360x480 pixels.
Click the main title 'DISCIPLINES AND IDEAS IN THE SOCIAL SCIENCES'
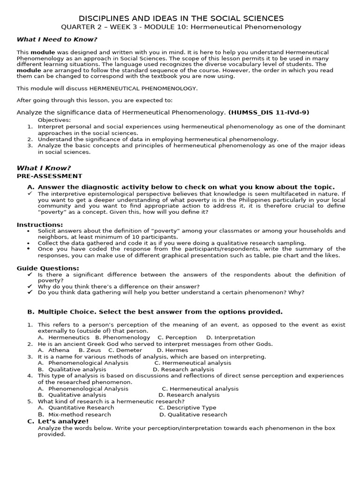click(x=180, y=18)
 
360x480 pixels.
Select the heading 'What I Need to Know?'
click(x=57, y=39)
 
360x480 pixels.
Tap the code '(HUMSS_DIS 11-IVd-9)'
click(x=269, y=112)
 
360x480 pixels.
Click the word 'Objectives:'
click(x=54, y=120)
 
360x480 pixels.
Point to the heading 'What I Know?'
click(x=44, y=168)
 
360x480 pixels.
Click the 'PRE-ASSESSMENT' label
click(x=49, y=176)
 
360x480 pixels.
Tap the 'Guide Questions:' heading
click(x=48, y=268)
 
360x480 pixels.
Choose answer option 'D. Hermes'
click(x=172, y=350)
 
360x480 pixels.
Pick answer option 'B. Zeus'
click(x=90, y=350)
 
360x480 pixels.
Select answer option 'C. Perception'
click(x=177, y=337)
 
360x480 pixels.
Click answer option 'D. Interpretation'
click(x=231, y=337)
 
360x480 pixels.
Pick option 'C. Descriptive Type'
click(x=187, y=408)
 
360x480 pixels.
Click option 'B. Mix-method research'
click(x=75, y=414)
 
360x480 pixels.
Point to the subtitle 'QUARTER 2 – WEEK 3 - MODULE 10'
click(x=127, y=27)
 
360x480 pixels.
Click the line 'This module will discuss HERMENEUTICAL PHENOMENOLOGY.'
click(x=107, y=88)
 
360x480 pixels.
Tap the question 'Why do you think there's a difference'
click(x=119, y=286)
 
